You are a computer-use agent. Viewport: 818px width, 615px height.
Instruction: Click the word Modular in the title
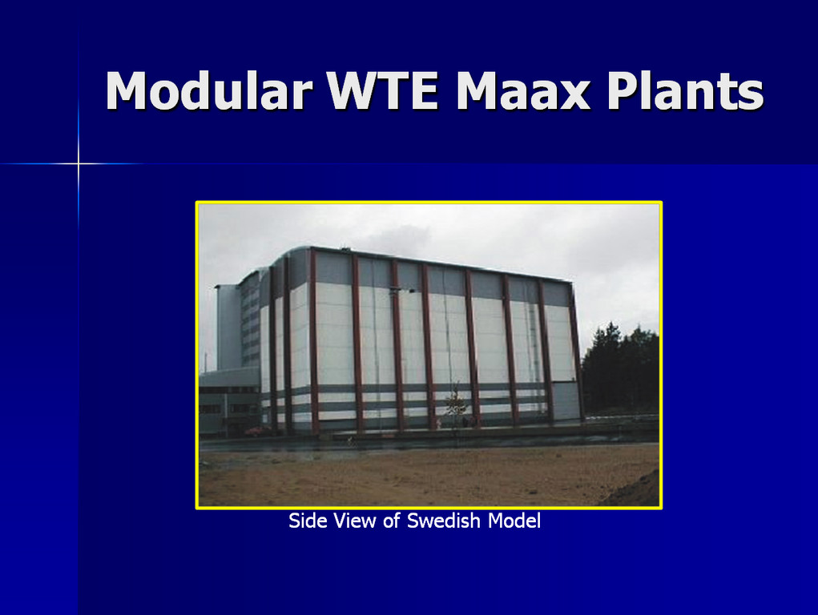[x=208, y=90]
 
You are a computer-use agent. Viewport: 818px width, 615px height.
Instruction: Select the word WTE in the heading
[x=382, y=90]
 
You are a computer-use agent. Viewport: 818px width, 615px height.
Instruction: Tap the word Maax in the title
[x=523, y=90]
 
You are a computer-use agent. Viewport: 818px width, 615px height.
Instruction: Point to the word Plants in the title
[x=685, y=90]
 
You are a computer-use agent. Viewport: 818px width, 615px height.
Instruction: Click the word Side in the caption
[x=308, y=521]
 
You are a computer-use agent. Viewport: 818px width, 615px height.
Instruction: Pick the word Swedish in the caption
[x=443, y=521]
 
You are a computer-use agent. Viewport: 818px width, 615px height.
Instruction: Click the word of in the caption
[x=393, y=521]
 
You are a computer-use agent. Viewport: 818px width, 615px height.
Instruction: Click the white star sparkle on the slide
[x=79, y=164]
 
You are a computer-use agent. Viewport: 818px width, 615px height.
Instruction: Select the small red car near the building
[x=258, y=431]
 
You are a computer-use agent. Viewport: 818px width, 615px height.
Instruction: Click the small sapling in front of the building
[x=456, y=404]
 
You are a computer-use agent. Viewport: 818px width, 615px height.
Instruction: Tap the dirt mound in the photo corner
[x=636, y=490]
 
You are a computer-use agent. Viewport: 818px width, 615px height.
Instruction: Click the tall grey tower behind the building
[x=228, y=327]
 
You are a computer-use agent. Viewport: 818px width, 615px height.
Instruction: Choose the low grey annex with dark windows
[x=230, y=402]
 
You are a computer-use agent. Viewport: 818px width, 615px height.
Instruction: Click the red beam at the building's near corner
[x=313, y=342]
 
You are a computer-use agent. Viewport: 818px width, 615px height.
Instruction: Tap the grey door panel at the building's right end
[x=565, y=400]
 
